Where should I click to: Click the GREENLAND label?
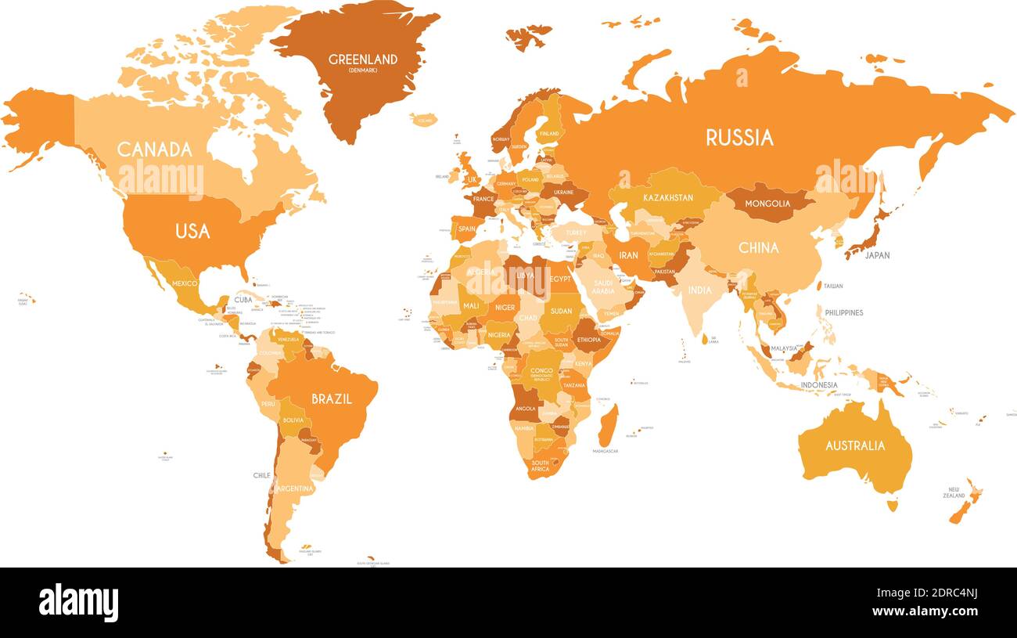click(362, 59)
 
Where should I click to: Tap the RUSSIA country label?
click(739, 138)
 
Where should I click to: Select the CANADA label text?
click(154, 149)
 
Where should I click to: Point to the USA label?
click(192, 231)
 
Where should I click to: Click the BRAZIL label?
click(332, 398)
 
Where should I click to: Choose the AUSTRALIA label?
click(855, 445)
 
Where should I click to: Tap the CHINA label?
click(758, 247)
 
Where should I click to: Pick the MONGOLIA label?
click(767, 204)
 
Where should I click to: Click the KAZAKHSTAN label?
click(668, 198)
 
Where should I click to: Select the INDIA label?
click(699, 290)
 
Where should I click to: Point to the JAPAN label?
click(876, 255)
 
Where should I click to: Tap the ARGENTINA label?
click(294, 488)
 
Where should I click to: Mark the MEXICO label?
click(185, 283)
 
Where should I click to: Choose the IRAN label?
click(628, 255)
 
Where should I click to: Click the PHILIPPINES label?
click(844, 312)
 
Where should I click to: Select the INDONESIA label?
click(818, 385)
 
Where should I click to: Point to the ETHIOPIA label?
click(588, 340)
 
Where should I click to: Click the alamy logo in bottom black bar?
click(78, 603)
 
